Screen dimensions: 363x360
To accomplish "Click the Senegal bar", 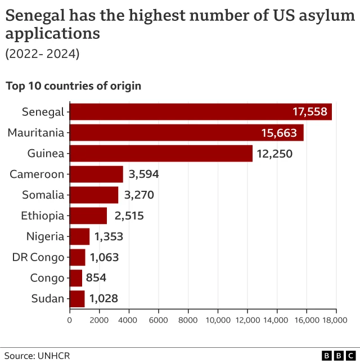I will click(200, 111).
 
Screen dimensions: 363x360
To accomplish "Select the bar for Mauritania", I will click(186, 133).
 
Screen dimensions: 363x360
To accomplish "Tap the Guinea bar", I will click(161, 153).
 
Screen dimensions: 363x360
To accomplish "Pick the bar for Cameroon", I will click(96, 174).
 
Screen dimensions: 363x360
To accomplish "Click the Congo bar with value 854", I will click(76, 277).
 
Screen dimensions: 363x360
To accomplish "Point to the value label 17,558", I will click(309, 111).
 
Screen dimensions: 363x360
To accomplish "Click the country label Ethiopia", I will click(43, 216).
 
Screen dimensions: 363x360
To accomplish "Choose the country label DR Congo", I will click(38, 257).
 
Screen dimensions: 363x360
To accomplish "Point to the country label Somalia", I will click(43, 195).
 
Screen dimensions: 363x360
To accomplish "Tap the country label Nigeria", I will click(46, 236).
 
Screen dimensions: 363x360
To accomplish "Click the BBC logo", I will click(339, 356).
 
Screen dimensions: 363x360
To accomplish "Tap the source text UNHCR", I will click(54, 356).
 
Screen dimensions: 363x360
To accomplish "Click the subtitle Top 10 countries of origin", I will click(73, 86).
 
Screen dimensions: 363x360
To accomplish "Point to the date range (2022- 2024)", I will click(43, 54).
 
